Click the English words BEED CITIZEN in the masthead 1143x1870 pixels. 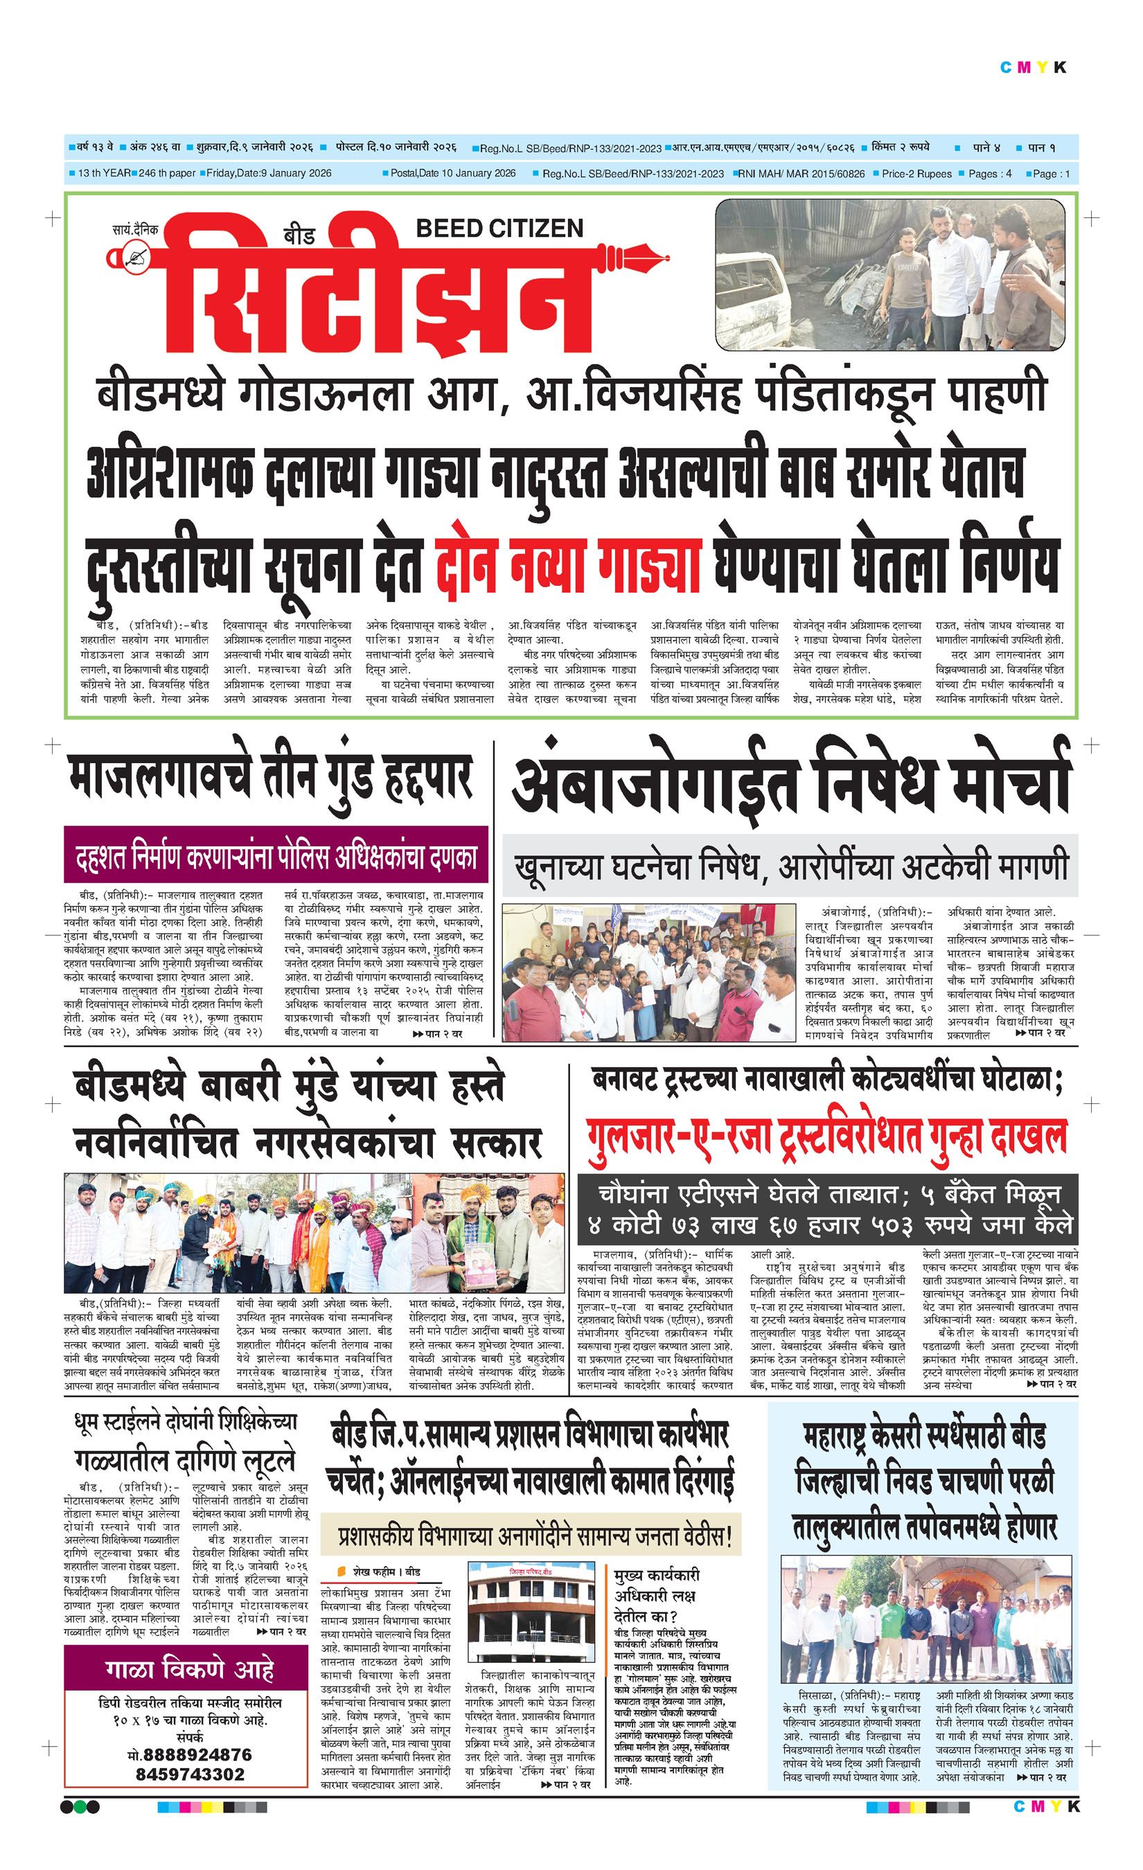(499, 228)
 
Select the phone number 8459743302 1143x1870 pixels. (190, 1774)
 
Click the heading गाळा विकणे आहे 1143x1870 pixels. (190, 1670)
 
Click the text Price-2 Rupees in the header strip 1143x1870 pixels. (916, 174)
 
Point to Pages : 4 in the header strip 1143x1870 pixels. (990, 174)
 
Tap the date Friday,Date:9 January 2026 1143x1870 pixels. (269, 174)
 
